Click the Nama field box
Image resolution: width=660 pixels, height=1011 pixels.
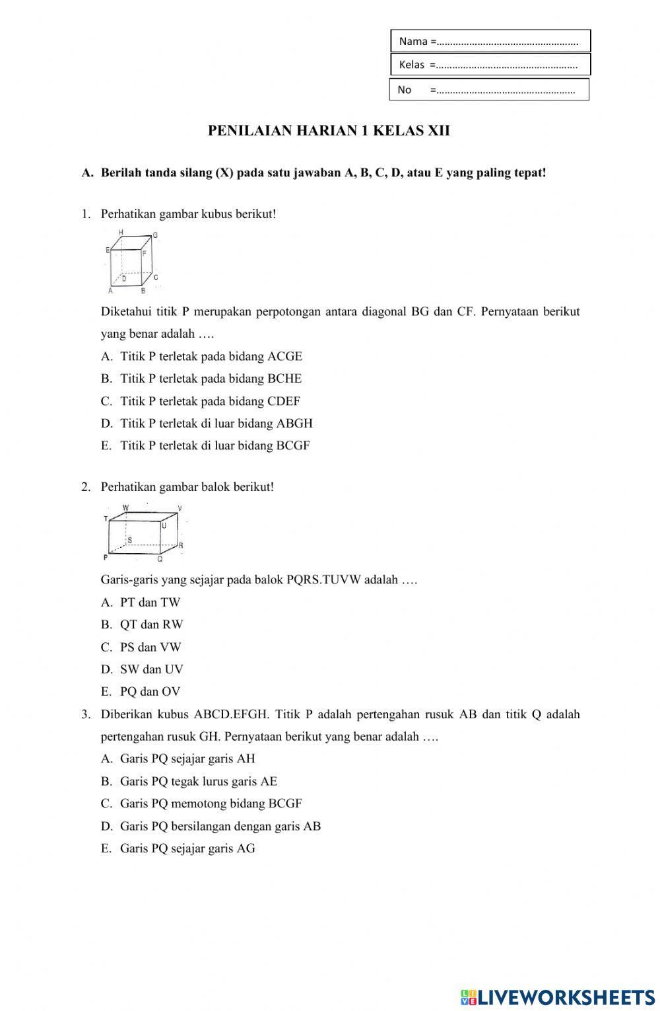click(490, 41)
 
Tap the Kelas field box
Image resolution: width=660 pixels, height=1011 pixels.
click(490, 65)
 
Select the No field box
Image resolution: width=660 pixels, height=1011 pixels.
click(488, 89)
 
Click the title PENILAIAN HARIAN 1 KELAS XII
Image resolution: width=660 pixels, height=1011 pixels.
click(329, 131)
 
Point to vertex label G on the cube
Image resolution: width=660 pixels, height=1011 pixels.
click(155, 235)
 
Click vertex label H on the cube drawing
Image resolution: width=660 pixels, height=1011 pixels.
click(121, 233)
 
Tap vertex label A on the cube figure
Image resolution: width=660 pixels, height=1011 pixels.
click(110, 291)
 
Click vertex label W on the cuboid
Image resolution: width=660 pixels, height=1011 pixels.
click(125, 507)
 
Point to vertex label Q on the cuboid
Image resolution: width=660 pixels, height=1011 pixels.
click(160, 558)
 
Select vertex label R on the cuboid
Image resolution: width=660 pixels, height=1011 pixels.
click(181, 545)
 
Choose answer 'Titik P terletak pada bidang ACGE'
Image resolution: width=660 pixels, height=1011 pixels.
click(211, 357)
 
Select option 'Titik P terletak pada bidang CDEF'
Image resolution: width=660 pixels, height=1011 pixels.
click(210, 401)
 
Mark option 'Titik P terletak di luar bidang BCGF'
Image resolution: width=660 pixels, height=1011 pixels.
click(214, 446)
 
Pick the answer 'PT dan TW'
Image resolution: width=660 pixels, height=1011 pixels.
click(150, 603)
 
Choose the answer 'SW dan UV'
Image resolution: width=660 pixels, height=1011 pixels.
click(151, 669)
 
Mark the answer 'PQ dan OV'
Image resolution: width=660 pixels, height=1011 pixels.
click(150, 692)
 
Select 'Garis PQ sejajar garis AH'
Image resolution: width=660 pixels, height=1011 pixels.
click(187, 759)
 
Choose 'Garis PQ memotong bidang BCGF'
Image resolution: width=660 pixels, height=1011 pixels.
click(211, 804)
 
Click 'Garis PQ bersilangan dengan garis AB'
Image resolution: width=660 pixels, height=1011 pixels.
click(220, 827)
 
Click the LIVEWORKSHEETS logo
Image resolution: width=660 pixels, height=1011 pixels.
click(558, 997)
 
